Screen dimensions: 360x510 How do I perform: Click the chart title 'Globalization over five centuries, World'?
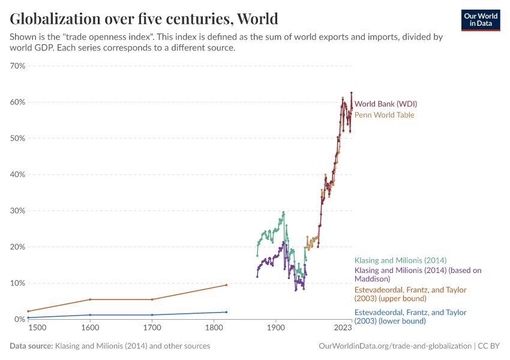pos(144,19)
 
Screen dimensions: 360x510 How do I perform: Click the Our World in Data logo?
pos(480,20)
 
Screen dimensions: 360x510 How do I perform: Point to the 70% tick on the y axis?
pos(17,66)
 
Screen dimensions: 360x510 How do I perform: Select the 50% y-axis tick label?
pos(17,138)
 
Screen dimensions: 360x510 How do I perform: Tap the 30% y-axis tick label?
pos(17,211)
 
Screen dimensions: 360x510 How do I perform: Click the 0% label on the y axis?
pos(19,319)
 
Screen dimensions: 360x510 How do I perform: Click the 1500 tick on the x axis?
pos(36,328)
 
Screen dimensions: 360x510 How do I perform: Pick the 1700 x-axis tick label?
pos(152,328)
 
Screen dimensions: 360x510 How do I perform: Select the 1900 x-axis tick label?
pos(275,328)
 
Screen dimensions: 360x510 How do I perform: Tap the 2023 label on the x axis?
pos(343,328)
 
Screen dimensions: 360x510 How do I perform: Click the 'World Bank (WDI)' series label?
pos(385,104)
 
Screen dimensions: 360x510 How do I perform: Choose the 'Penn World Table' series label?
pos(384,115)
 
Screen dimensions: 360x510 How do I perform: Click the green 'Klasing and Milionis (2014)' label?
pos(400,260)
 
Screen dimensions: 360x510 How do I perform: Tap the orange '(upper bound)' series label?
pos(410,294)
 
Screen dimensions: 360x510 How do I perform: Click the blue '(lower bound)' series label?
pos(410,317)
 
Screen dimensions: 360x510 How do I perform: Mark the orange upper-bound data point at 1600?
pos(90,299)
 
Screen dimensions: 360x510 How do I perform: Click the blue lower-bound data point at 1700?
pos(152,315)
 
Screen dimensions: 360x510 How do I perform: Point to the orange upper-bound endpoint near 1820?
pos(226,285)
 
